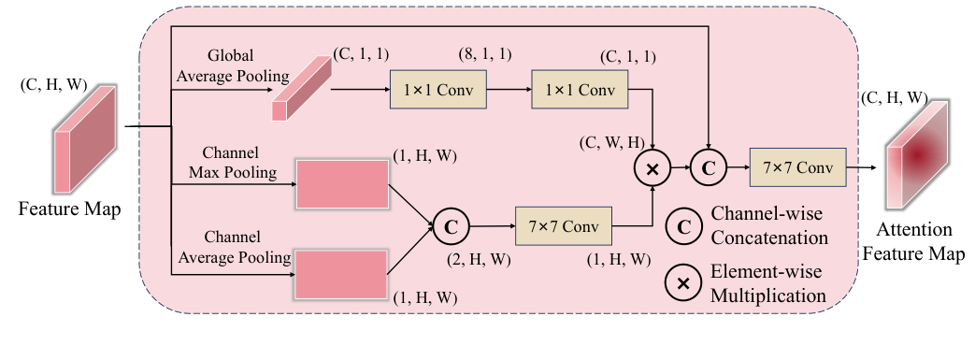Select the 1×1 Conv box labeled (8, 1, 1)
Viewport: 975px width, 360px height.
(438, 91)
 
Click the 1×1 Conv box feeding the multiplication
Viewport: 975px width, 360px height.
(580, 91)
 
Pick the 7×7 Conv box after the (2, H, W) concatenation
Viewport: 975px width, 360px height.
(563, 226)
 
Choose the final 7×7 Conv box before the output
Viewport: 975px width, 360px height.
(797, 168)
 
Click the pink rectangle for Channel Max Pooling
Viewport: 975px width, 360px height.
(341, 183)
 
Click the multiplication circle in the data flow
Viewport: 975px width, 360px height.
(651, 169)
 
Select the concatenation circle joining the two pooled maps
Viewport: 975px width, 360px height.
(450, 225)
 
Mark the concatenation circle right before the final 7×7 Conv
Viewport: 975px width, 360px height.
(708, 168)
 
